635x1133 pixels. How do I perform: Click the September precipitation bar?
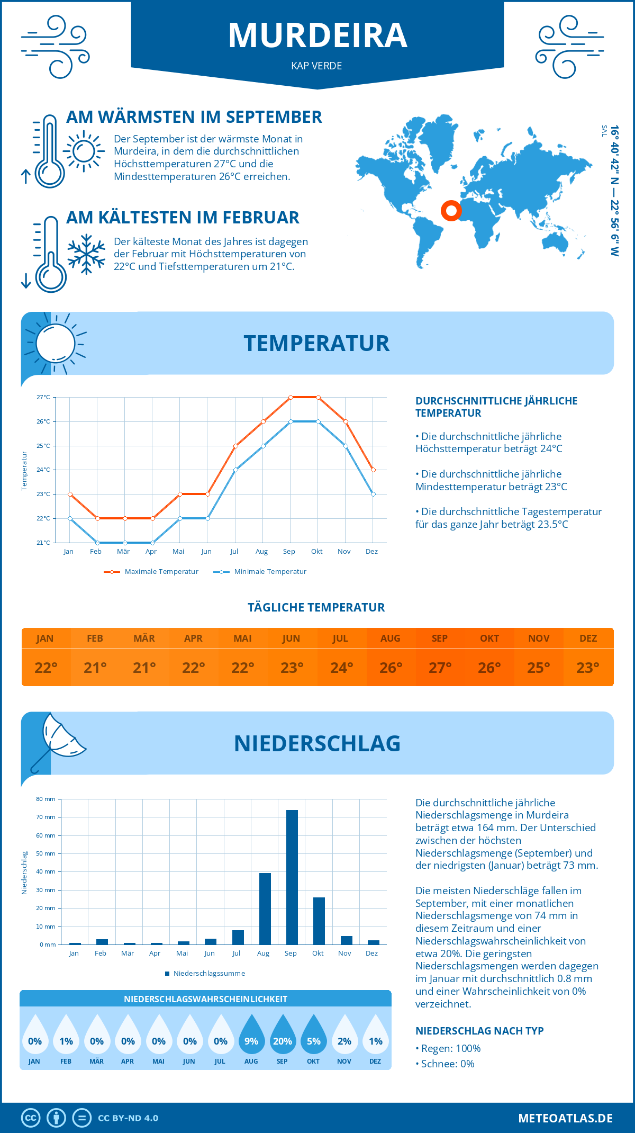click(292, 877)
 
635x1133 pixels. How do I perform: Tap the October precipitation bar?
click(319, 921)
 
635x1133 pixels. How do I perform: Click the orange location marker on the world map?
click(451, 211)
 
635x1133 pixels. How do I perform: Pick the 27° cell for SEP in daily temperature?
click(440, 668)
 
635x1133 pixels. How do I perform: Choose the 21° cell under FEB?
click(95, 668)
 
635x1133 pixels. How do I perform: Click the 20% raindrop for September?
click(282, 1036)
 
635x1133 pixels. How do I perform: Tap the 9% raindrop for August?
click(251, 1036)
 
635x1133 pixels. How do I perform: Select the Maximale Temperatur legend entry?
click(151, 572)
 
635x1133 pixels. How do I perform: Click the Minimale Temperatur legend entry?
click(260, 572)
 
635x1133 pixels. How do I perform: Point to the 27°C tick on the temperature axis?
click(43, 397)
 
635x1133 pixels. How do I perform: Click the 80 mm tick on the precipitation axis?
click(46, 799)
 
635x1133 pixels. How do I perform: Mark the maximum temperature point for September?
click(291, 397)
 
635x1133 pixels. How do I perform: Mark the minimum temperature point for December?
click(373, 494)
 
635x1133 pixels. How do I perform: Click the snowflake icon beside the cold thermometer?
click(86, 254)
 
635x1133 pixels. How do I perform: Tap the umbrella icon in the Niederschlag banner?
click(58, 741)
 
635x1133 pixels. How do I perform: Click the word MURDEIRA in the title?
click(317, 35)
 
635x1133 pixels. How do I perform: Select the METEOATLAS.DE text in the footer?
click(565, 1118)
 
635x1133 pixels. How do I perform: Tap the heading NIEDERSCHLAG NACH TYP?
click(479, 1031)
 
